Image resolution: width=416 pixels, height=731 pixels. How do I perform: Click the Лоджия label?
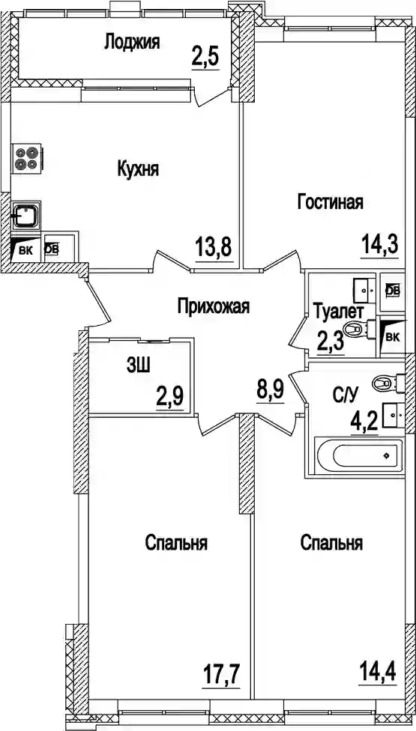[132, 42]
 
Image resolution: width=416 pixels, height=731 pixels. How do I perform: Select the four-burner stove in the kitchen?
[27, 158]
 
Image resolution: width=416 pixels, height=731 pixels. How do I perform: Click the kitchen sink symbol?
[26, 216]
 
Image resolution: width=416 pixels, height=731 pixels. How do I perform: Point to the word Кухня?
[138, 169]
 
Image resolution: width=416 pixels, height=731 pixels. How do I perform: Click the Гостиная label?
[331, 202]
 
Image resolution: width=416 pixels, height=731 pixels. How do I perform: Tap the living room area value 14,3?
[380, 244]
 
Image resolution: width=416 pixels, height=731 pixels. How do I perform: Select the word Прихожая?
[214, 307]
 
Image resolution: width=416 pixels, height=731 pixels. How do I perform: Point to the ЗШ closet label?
[138, 366]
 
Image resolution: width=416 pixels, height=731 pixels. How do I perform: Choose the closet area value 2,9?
[170, 397]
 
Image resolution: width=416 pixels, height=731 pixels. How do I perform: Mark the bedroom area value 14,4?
[377, 673]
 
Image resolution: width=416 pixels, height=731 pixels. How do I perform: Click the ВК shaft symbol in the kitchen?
[25, 249]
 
